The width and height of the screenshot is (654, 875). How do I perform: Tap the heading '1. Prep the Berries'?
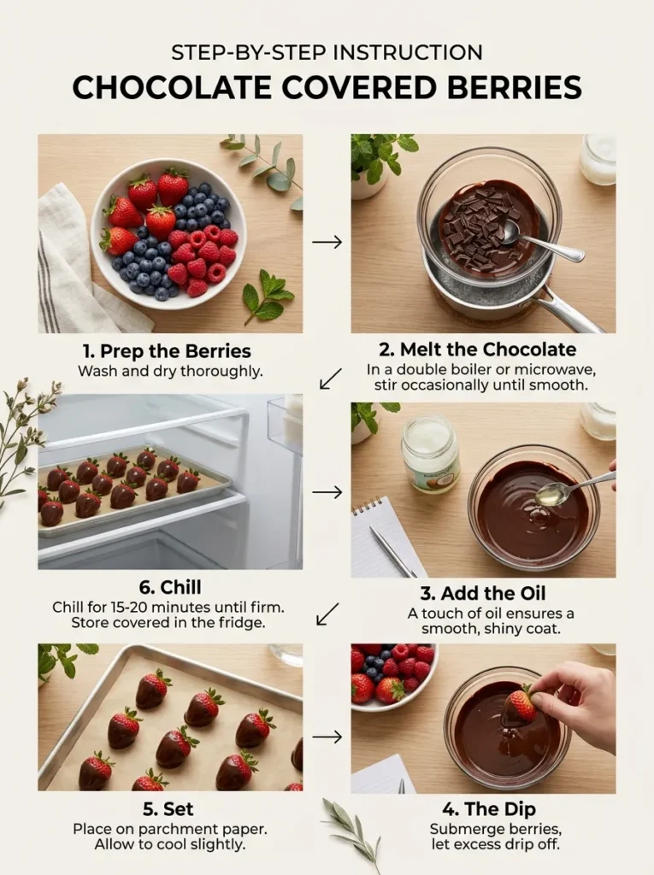168,351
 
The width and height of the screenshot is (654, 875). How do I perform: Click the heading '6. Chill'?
168,587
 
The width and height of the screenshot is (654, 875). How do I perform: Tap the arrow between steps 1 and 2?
327,242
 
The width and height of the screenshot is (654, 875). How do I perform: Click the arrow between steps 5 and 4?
327,736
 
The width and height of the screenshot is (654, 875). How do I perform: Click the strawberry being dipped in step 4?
518,708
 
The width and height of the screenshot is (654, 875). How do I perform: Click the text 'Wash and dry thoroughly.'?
168,372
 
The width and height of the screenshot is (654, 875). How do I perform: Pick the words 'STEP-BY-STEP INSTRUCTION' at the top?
327,52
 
